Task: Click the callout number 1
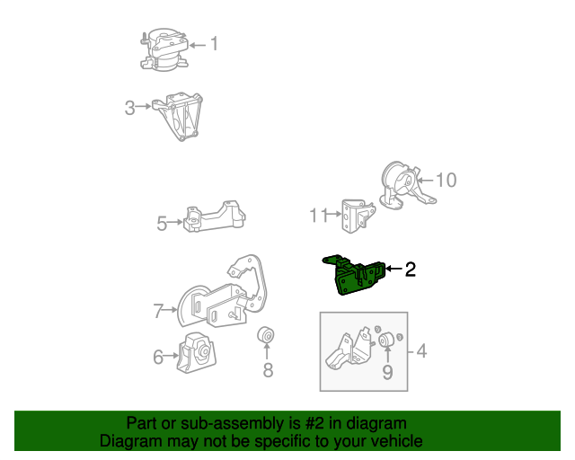click(x=214, y=44)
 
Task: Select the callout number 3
click(x=129, y=108)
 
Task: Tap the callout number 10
click(x=447, y=180)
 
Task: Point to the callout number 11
click(x=318, y=216)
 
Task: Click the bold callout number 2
click(x=411, y=270)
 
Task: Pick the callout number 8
click(x=268, y=370)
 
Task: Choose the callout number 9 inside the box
click(x=387, y=372)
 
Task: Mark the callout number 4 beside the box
click(x=421, y=351)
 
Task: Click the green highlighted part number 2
click(x=354, y=276)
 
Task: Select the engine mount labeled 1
click(x=164, y=50)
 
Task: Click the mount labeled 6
click(x=197, y=352)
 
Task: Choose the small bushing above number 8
click(x=266, y=334)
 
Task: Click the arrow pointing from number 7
click(x=170, y=310)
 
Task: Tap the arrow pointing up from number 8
click(x=267, y=350)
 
